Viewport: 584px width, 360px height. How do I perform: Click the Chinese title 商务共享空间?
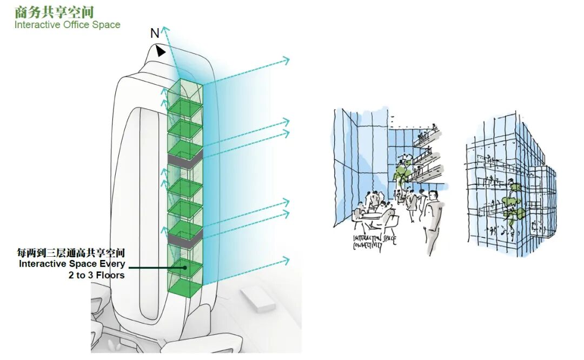(54, 11)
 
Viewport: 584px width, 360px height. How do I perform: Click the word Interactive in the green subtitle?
(36, 25)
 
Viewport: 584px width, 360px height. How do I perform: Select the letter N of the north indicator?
(155, 34)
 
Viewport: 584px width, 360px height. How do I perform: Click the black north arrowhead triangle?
(161, 51)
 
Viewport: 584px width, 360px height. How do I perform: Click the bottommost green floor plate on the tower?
(185, 287)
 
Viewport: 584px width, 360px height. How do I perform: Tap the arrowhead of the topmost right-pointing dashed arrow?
(286, 61)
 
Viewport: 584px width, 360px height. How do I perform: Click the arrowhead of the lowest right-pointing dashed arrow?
(286, 262)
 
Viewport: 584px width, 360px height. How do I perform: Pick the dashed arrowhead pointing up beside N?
(165, 30)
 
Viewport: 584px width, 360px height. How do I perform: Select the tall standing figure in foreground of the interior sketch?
(433, 222)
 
